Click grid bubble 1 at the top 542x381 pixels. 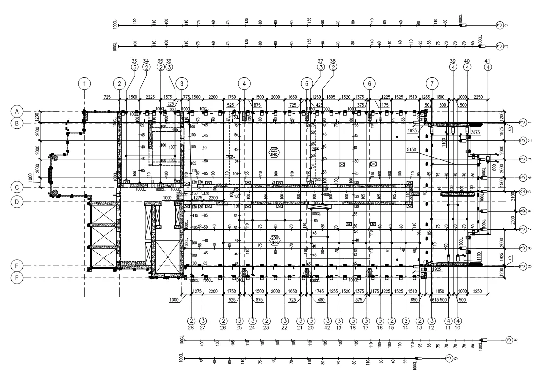(85, 83)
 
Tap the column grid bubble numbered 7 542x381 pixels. (432, 83)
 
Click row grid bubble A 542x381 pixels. (16, 111)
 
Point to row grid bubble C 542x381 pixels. (16, 187)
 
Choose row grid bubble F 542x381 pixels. (16, 278)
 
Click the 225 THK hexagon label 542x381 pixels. (274, 152)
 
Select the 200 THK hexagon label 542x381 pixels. (274, 240)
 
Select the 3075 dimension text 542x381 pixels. (475, 133)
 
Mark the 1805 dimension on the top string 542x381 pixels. (331, 97)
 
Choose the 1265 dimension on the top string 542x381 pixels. (426, 97)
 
